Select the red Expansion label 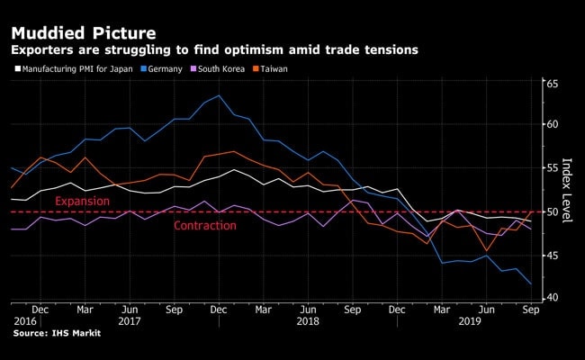(83, 201)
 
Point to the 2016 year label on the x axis (25, 320)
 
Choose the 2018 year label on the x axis (308, 320)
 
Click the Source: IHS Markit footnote (57, 334)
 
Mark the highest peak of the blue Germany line (219, 95)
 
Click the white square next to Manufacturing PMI (16, 67)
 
